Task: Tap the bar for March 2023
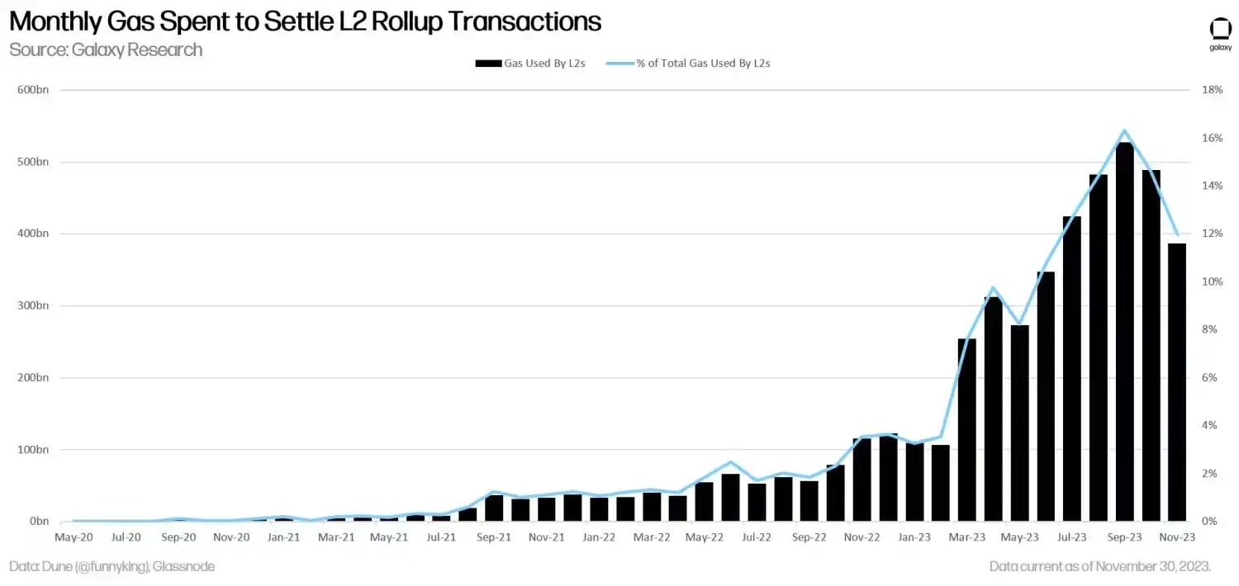966,429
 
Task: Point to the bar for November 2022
862,480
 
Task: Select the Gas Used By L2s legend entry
530,63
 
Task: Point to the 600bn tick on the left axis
33,90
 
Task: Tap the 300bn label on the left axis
33,305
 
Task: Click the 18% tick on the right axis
1212,90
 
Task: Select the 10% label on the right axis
1212,281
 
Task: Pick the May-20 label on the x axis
74,536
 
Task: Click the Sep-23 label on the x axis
1125,536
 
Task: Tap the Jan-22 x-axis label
599,536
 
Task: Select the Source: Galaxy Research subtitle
106,50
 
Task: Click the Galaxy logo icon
1220,29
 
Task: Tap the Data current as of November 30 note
1100,567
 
